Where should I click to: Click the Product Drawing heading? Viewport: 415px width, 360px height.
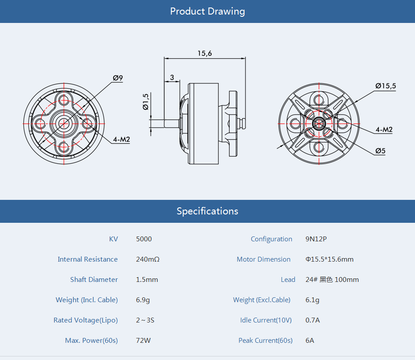coord(207,11)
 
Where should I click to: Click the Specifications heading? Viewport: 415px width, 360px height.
coord(207,211)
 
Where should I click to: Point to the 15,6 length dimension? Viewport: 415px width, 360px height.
coord(204,53)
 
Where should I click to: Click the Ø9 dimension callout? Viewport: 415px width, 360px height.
coord(118,78)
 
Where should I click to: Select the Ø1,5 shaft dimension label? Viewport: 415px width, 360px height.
coord(145,101)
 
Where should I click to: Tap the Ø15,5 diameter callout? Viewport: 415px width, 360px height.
coord(385,86)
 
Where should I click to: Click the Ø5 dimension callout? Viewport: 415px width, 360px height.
coord(381,151)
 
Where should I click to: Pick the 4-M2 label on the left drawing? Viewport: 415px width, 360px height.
coord(121,140)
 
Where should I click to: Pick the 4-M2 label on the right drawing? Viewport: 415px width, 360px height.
coord(384,129)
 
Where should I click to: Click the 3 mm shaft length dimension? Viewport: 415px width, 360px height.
coord(172,77)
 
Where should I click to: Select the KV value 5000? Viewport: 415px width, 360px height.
coord(144,239)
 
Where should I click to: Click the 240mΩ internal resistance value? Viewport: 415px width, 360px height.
coord(147,259)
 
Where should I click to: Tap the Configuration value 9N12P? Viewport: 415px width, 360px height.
coord(316,239)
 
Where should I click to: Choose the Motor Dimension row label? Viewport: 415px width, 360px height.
coord(264,259)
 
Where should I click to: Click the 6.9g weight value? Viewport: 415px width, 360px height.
coord(143,300)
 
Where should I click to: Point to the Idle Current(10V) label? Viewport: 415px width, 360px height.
coord(266,320)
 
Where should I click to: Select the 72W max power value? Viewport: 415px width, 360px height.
coord(143,341)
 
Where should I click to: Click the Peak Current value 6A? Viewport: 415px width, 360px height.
coord(310,341)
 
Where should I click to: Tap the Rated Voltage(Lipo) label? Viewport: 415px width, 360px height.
coord(86,320)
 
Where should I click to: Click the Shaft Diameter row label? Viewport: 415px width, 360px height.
coord(94,280)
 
